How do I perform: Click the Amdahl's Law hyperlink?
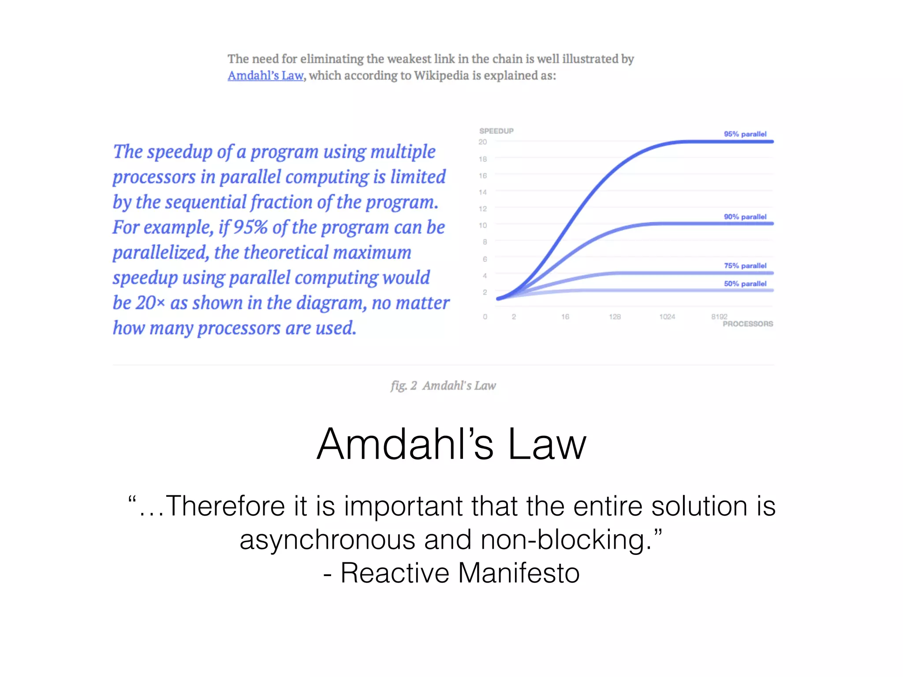265,76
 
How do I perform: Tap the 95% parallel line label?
745,134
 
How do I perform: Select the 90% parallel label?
745,217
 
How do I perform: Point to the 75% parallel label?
745,266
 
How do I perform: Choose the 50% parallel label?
745,284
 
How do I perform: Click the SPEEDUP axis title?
496,131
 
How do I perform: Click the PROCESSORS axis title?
747,324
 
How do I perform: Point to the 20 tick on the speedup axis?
482,142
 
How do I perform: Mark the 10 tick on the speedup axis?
483,225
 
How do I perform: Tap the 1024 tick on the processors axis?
667,317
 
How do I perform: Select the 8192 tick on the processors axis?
719,316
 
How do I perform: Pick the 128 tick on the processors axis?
615,317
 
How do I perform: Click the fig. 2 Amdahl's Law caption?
443,386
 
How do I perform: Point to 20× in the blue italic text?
150,303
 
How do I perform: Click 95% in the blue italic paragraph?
250,227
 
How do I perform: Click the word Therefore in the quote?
225,506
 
